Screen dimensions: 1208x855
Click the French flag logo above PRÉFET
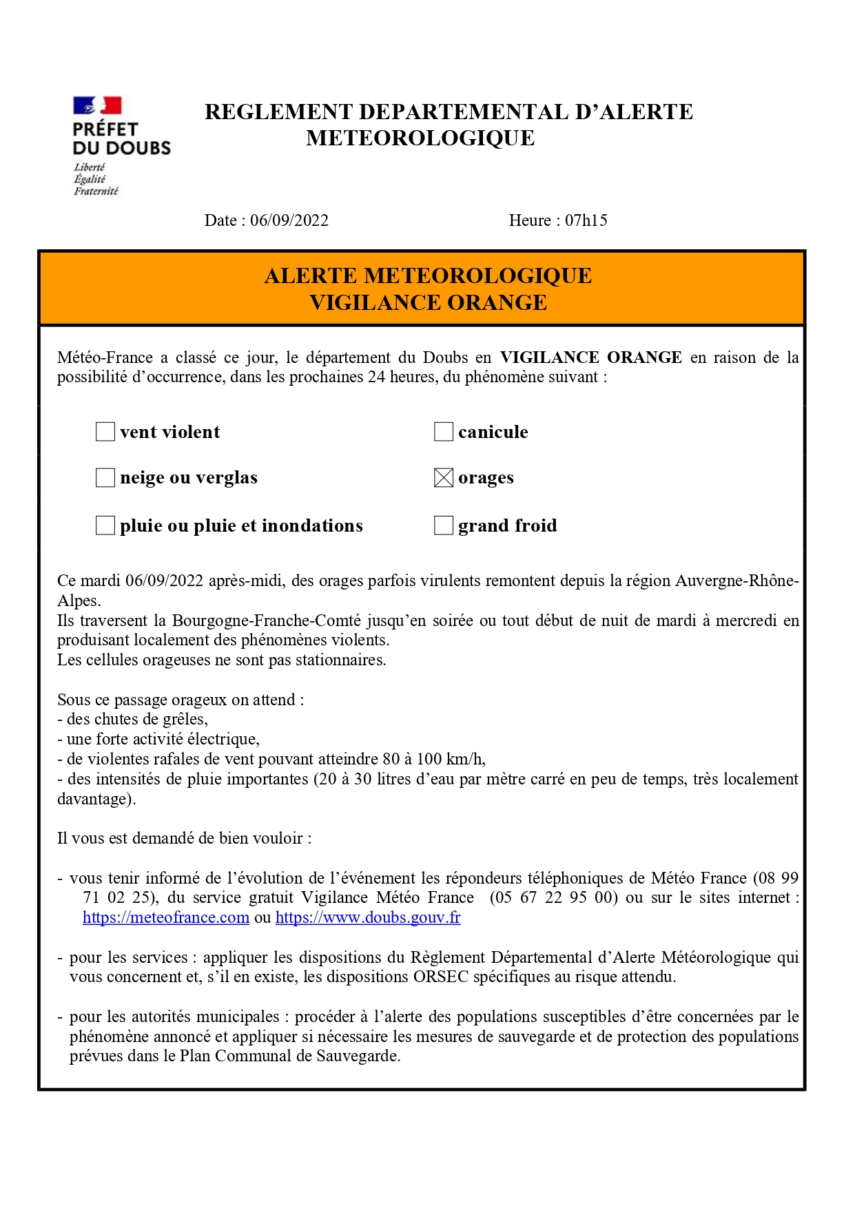(97, 105)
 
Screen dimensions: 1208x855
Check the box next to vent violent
(105, 432)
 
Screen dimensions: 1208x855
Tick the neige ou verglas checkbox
(105, 477)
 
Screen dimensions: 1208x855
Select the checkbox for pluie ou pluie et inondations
(105, 525)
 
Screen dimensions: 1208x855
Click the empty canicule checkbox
(444, 432)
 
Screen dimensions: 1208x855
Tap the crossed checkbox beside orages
(444, 477)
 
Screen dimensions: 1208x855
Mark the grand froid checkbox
(444, 525)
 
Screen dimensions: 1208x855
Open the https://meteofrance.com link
(166, 917)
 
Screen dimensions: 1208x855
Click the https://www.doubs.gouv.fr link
(368, 917)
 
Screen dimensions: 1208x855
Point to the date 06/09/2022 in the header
(289, 220)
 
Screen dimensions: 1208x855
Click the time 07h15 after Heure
(586, 220)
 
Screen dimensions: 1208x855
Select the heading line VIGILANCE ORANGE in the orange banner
(428, 303)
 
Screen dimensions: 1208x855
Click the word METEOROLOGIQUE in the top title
(420, 138)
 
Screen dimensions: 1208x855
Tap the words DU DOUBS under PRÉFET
(121, 148)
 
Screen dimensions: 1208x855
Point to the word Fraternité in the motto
(96, 191)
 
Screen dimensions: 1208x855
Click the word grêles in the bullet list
(185, 719)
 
